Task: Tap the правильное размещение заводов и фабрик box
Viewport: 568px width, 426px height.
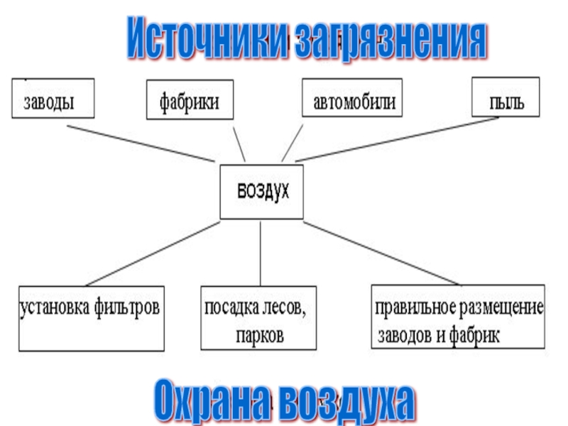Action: pyautogui.click(x=459, y=317)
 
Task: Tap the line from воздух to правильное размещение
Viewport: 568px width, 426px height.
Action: pyautogui.click(x=380, y=255)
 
